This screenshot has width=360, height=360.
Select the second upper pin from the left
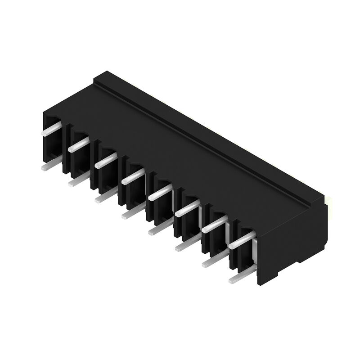(78, 144)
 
